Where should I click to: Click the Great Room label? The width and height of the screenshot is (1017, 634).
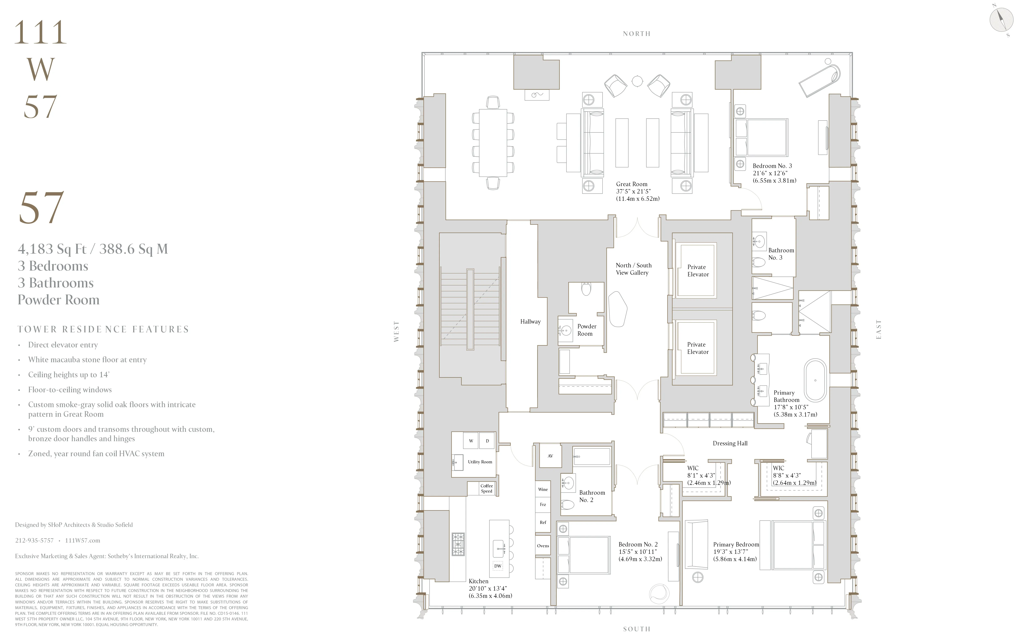pos(632,184)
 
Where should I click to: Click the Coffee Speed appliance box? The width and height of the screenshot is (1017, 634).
pos(486,488)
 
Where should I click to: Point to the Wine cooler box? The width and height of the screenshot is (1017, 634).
pos(543,489)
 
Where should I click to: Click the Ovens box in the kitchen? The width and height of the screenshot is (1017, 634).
pos(543,545)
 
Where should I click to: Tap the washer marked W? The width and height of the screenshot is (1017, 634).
pos(471,441)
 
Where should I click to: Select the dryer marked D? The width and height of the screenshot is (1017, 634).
pos(487,441)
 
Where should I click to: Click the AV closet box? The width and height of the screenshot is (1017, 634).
pos(550,456)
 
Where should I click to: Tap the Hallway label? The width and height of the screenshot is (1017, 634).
pos(530,322)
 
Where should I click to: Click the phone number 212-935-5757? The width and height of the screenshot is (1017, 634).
pos(34,540)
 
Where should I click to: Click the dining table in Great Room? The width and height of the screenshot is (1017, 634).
pos(493,142)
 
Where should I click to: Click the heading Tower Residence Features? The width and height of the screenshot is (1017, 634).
pos(103,330)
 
